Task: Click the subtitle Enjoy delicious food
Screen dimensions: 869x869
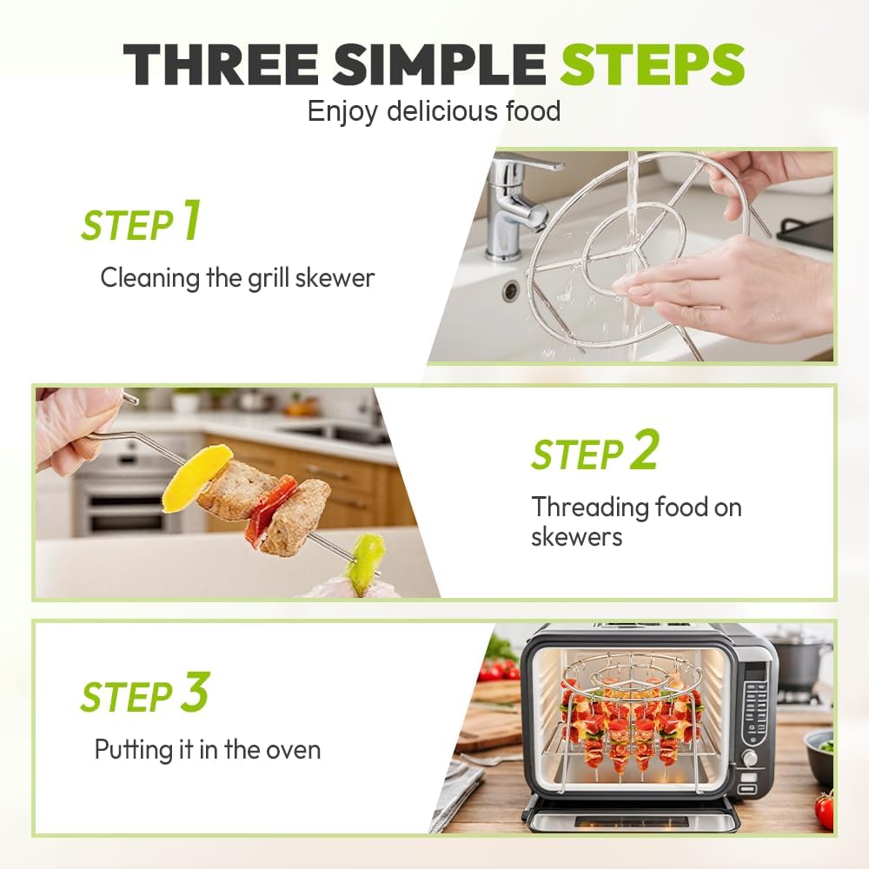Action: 434,111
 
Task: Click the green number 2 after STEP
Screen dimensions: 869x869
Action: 644,449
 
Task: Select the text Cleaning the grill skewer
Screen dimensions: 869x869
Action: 237,277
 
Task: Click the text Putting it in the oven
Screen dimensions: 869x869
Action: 208,749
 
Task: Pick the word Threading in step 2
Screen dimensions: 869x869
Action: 590,507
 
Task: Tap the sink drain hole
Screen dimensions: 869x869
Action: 510,289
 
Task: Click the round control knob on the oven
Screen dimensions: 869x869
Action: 750,758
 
